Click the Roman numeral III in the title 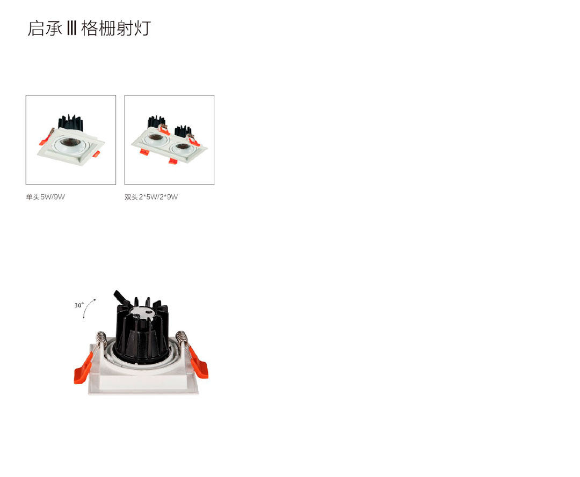pyautogui.click(x=71, y=28)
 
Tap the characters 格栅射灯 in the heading pyautogui.click(x=116, y=28)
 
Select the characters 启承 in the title pyautogui.click(x=45, y=28)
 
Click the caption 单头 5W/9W pyautogui.click(x=45, y=197)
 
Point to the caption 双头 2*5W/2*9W pyautogui.click(x=151, y=197)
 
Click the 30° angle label pyautogui.click(x=79, y=305)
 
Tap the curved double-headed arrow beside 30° pyautogui.click(x=89, y=308)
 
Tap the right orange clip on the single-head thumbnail pyautogui.click(x=95, y=155)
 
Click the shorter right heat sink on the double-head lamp pyautogui.click(x=183, y=131)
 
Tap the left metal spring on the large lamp pyautogui.click(x=100, y=341)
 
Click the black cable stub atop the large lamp pyautogui.click(x=121, y=298)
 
